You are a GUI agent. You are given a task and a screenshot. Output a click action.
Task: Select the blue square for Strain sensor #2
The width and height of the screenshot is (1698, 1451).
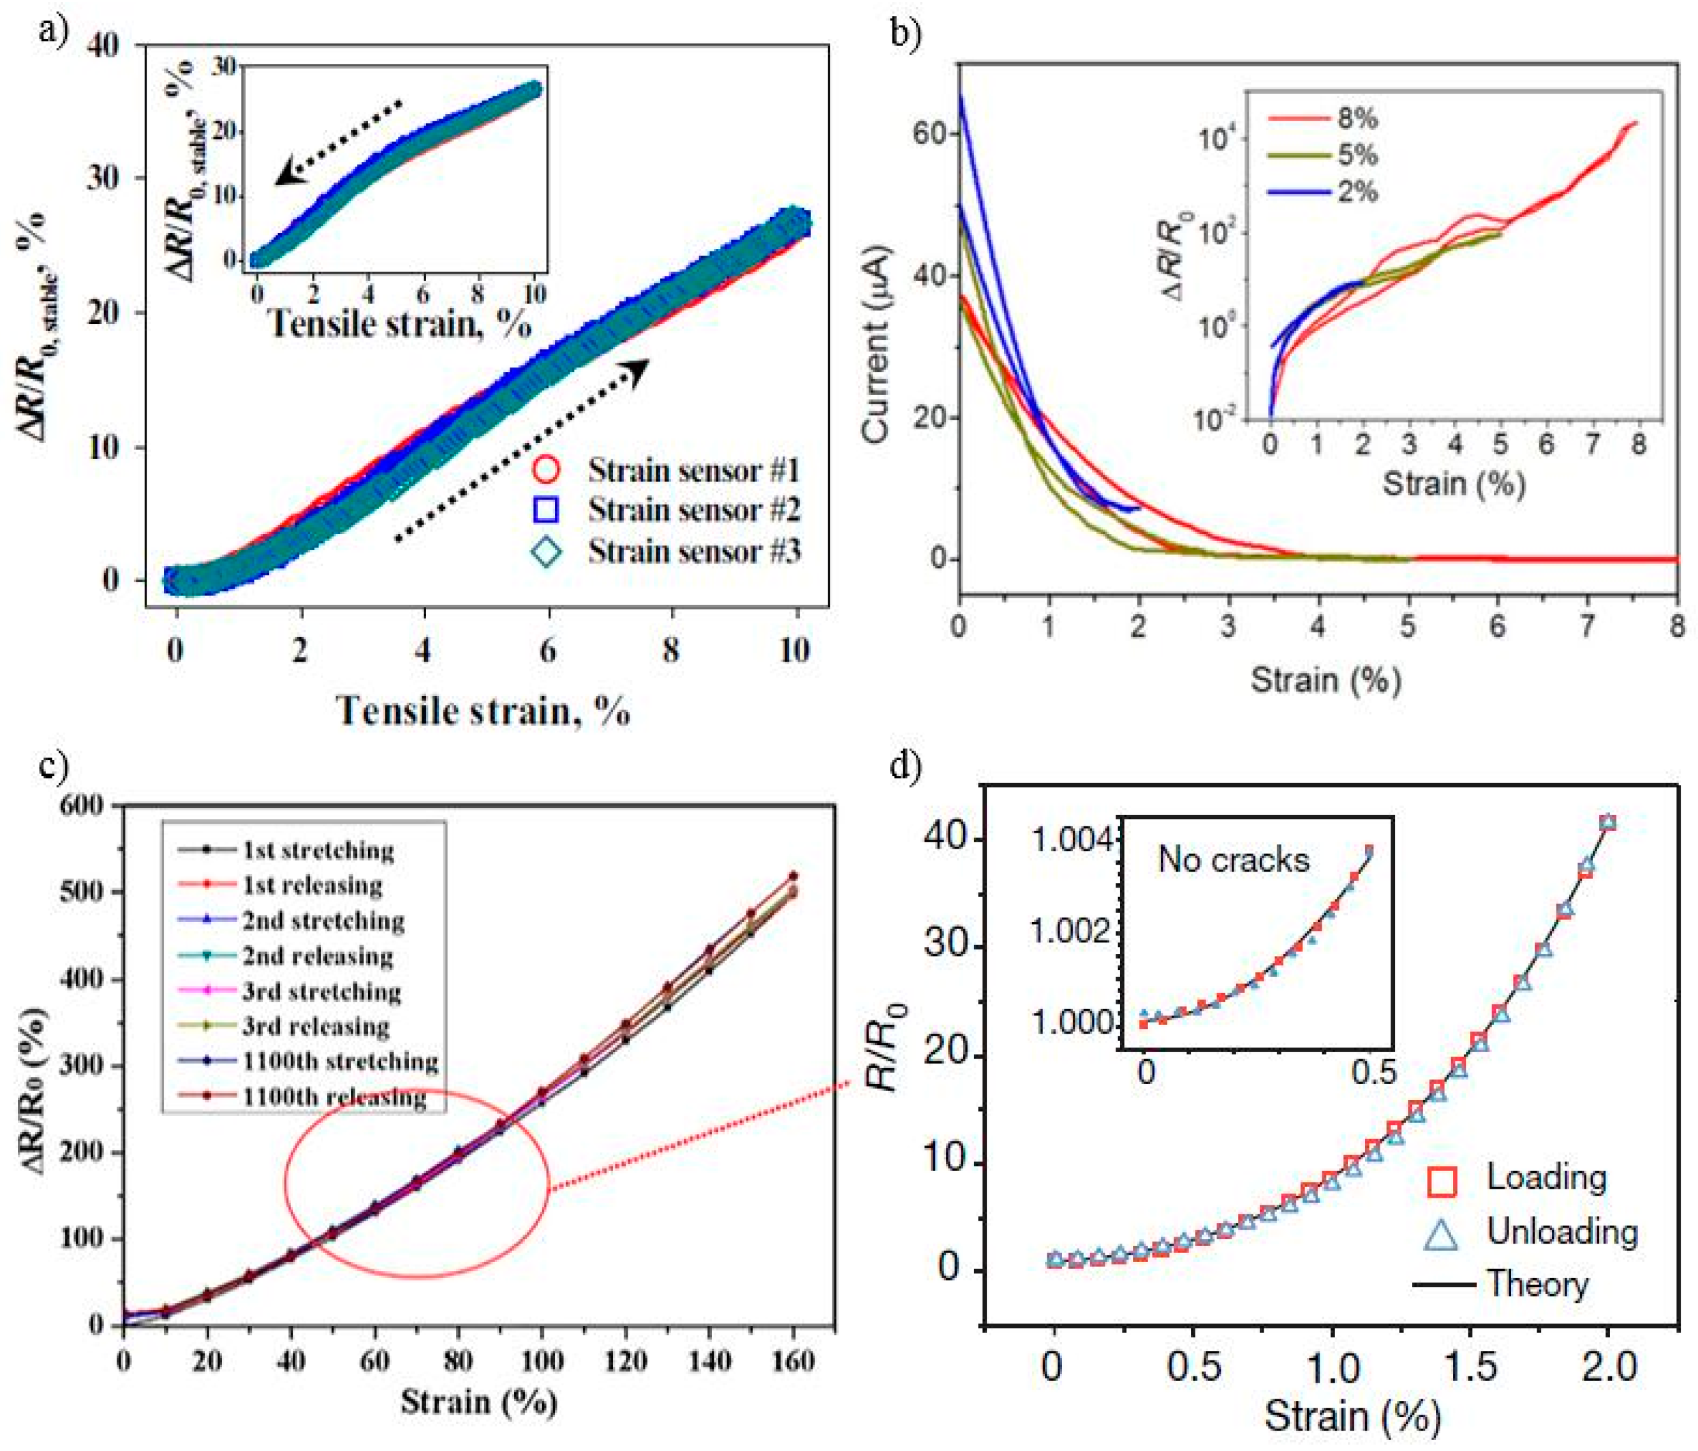pyautogui.click(x=546, y=510)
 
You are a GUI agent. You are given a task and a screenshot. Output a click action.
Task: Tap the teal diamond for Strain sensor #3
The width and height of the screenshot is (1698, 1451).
pyautogui.click(x=546, y=551)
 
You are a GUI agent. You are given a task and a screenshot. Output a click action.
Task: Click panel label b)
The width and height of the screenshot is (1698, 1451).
pyautogui.click(x=906, y=33)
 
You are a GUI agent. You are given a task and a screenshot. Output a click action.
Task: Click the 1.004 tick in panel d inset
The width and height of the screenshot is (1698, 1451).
pyautogui.click(x=1070, y=840)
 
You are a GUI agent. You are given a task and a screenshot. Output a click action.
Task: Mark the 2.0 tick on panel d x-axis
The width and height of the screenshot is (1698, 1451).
pyautogui.click(x=1609, y=1367)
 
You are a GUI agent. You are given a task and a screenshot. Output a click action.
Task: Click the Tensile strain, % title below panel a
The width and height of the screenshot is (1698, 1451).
pyautogui.click(x=484, y=711)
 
